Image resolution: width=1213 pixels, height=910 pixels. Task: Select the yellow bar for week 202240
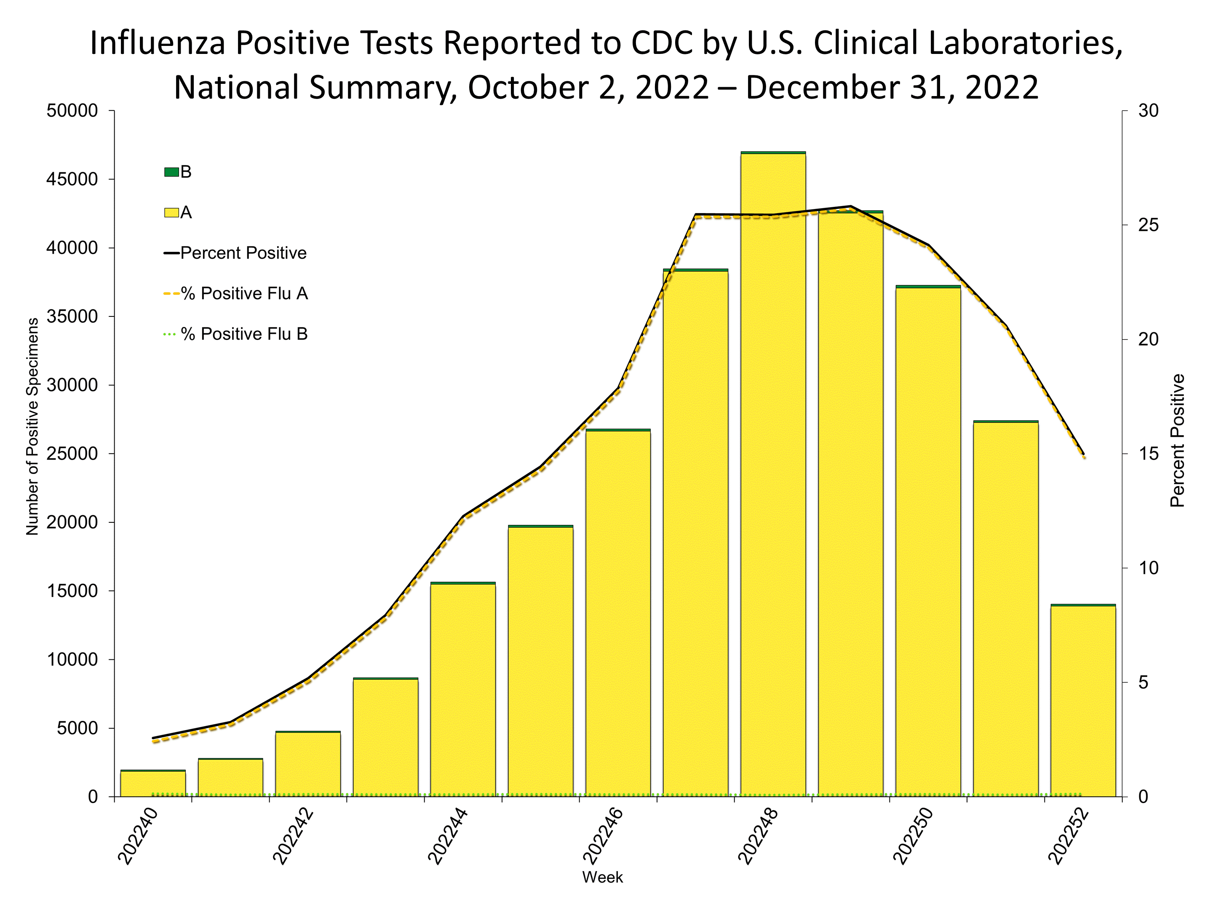pos(153,784)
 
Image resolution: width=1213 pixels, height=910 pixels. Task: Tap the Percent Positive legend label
pos(243,253)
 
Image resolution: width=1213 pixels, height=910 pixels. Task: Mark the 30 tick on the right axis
pos(1148,111)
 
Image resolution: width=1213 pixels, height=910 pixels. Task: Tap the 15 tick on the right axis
pos(1148,454)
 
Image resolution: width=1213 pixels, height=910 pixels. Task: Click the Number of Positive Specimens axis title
pos(32,426)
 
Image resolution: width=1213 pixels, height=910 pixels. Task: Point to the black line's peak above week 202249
pos(850,206)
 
